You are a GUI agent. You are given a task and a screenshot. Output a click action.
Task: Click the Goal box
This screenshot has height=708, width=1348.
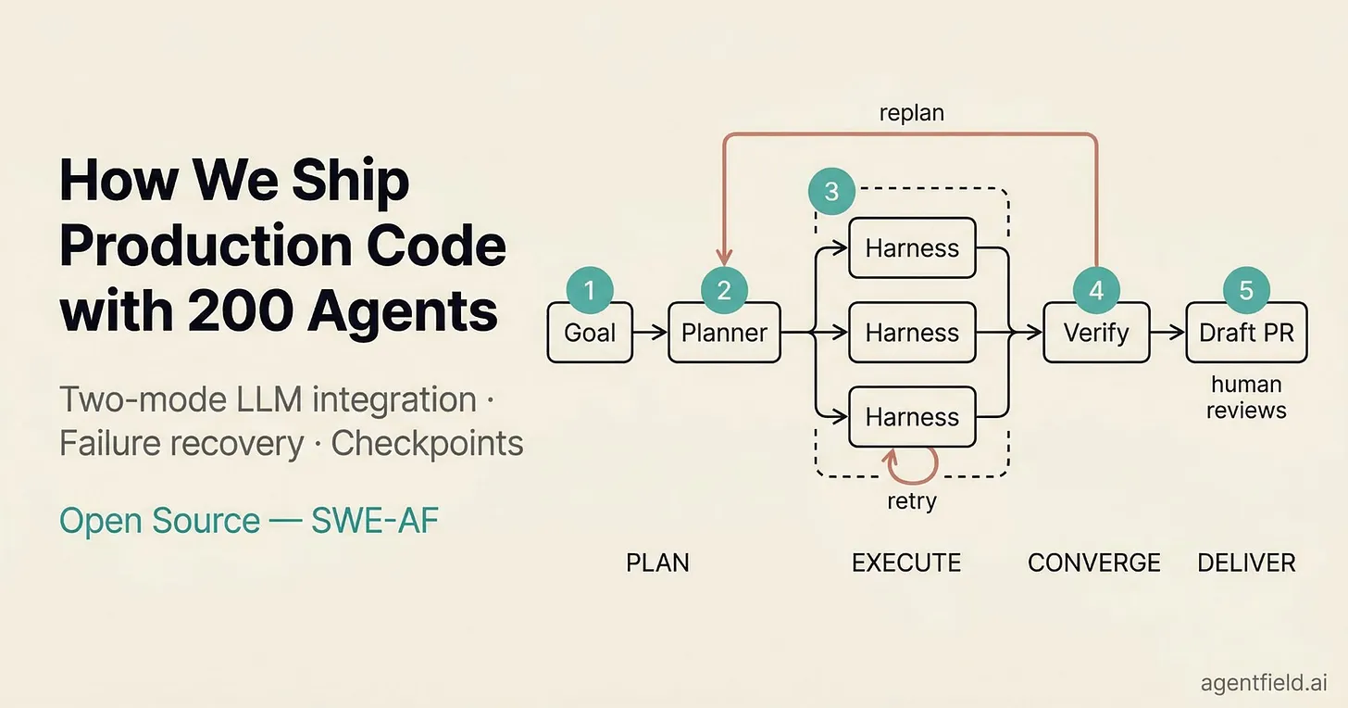[x=590, y=332]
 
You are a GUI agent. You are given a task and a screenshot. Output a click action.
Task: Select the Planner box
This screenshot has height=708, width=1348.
[x=724, y=332]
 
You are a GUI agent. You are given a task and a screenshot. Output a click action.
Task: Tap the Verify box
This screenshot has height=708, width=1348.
[x=1096, y=332]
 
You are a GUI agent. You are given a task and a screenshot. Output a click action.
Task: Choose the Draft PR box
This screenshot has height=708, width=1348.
[x=1246, y=332]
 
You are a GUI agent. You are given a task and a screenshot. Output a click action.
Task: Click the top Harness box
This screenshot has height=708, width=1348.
[x=912, y=248]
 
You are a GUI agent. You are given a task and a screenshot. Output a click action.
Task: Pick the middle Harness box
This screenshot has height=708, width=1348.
[x=912, y=332]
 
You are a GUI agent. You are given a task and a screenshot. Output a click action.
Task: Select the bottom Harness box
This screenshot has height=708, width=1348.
[x=912, y=417]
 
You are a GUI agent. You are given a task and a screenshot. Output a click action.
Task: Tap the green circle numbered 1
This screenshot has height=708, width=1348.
[x=590, y=290]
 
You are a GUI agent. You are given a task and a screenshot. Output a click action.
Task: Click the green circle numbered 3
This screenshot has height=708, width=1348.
[x=831, y=192]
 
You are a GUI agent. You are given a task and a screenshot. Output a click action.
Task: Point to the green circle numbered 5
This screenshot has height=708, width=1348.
[x=1246, y=290]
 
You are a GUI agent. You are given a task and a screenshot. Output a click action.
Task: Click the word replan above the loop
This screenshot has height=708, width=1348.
[x=912, y=113]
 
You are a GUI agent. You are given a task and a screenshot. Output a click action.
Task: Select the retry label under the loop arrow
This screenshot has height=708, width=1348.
[x=912, y=501]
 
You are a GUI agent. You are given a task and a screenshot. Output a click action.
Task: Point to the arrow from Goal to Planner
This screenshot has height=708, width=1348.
[x=651, y=332]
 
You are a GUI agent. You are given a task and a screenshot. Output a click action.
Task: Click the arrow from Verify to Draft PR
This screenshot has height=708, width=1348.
[x=1168, y=332]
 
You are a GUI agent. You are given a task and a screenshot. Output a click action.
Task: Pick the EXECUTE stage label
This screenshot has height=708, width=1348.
[x=906, y=563]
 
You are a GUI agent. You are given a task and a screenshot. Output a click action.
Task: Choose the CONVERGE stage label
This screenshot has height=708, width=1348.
[x=1094, y=563]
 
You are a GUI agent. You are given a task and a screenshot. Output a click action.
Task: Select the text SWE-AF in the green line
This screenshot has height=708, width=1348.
[x=375, y=521]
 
